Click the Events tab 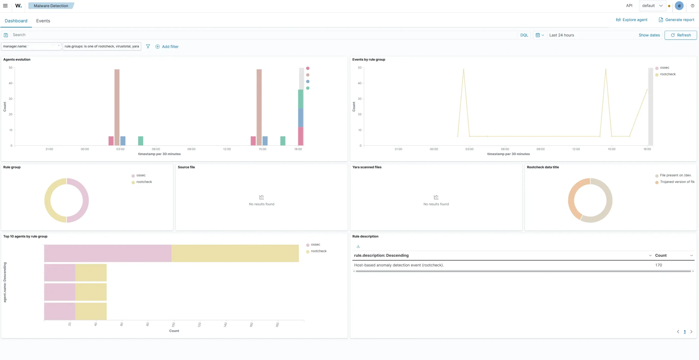43,21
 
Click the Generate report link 676,20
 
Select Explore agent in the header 632,20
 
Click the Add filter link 167,46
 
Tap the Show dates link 649,35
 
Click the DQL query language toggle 524,35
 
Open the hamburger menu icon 5,5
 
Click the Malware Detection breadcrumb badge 51,6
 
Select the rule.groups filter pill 102,46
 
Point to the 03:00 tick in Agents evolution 120,149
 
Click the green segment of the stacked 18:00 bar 301,99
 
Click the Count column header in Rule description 661,255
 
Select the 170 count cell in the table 659,265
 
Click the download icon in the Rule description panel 358,246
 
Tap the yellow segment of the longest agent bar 235,253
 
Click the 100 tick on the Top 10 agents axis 173,324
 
